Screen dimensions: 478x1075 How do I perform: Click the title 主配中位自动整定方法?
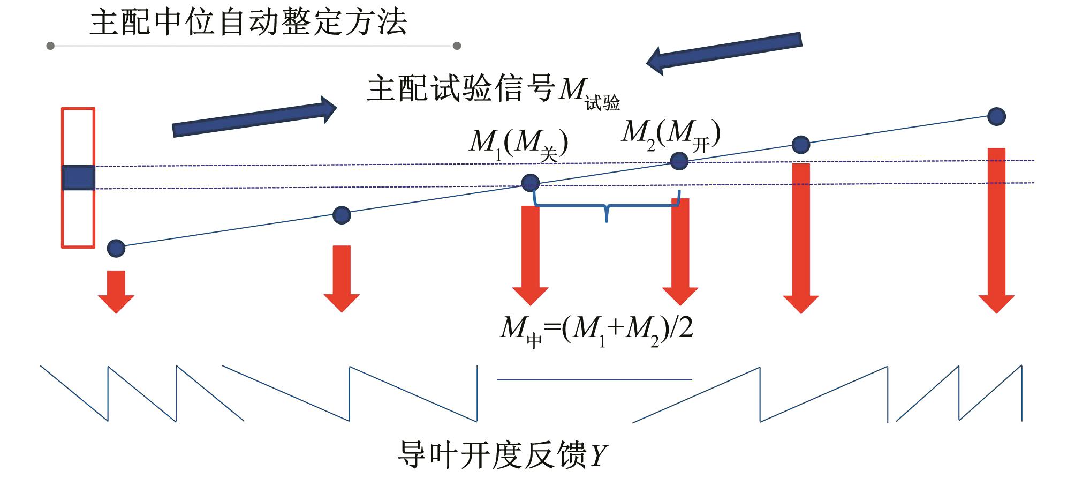pos(248,23)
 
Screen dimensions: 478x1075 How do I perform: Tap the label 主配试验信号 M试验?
pos(493,90)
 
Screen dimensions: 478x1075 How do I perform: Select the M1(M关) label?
pos(518,144)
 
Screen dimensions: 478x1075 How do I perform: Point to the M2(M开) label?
pos(670,134)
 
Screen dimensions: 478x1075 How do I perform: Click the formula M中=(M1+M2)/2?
pos(596,329)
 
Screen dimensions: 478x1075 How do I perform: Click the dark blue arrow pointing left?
pos(724,53)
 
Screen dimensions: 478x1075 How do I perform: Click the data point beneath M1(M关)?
pos(531,183)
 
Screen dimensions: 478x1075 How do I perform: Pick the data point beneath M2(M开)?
pos(679,161)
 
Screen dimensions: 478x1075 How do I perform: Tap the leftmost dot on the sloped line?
pos(116,248)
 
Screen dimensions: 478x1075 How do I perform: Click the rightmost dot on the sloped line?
pos(996,116)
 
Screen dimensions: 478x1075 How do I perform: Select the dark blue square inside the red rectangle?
pos(79,178)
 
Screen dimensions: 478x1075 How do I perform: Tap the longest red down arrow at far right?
pos(996,230)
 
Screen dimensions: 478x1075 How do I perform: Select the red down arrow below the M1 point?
pos(531,255)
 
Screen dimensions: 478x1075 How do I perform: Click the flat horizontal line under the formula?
pos(594,380)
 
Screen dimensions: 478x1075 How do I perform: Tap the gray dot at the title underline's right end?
pos(457,46)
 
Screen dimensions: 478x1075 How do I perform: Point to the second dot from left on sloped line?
pos(342,215)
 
